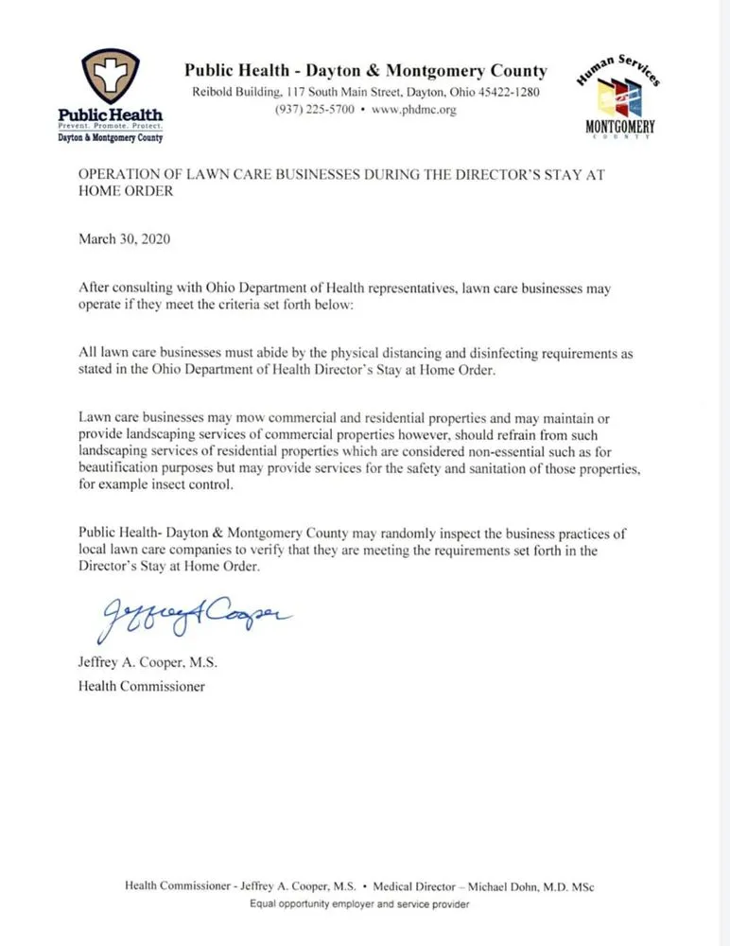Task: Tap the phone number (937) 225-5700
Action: click(x=315, y=110)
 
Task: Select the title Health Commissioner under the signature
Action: click(x=141, y=686)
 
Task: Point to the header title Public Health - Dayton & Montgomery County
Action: click(x=365, y=70)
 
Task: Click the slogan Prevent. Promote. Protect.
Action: click(x=111, y=126)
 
